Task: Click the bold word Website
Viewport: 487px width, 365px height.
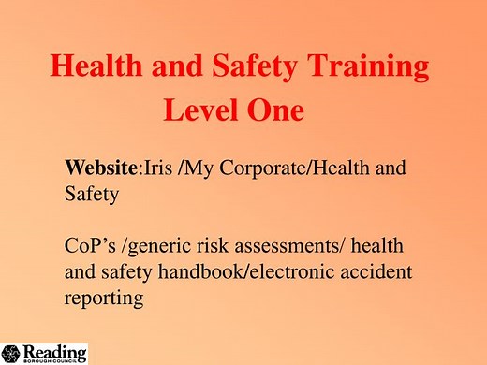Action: pos(101,169)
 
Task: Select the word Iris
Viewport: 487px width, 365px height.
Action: pos(161,169)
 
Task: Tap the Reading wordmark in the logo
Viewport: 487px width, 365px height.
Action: pos(55,350)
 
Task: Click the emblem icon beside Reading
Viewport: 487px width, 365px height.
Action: pos(13,353)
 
